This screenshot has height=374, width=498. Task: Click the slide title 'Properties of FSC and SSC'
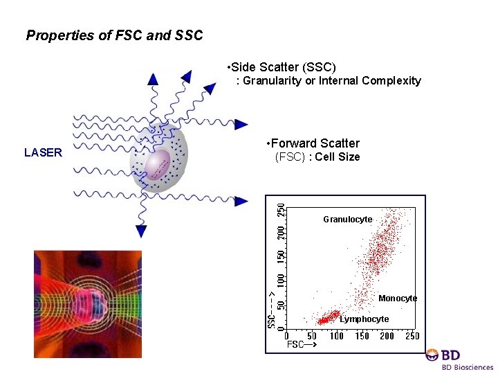(114, 35)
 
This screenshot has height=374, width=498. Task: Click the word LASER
(43, 153)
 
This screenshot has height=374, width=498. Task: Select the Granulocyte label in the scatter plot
(347, 220)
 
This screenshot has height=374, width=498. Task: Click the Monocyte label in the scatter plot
(398, 299)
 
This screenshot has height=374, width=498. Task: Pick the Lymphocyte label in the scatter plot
(364, 319)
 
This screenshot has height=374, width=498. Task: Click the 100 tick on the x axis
(336, 336)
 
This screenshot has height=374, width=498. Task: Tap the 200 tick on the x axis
(387, 336)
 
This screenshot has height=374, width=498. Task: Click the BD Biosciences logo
(459, 359)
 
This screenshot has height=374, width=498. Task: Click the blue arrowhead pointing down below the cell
(141, 231)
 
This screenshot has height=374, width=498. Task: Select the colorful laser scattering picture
(88, 304)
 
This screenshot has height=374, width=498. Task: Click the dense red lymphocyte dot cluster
(324, 320)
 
